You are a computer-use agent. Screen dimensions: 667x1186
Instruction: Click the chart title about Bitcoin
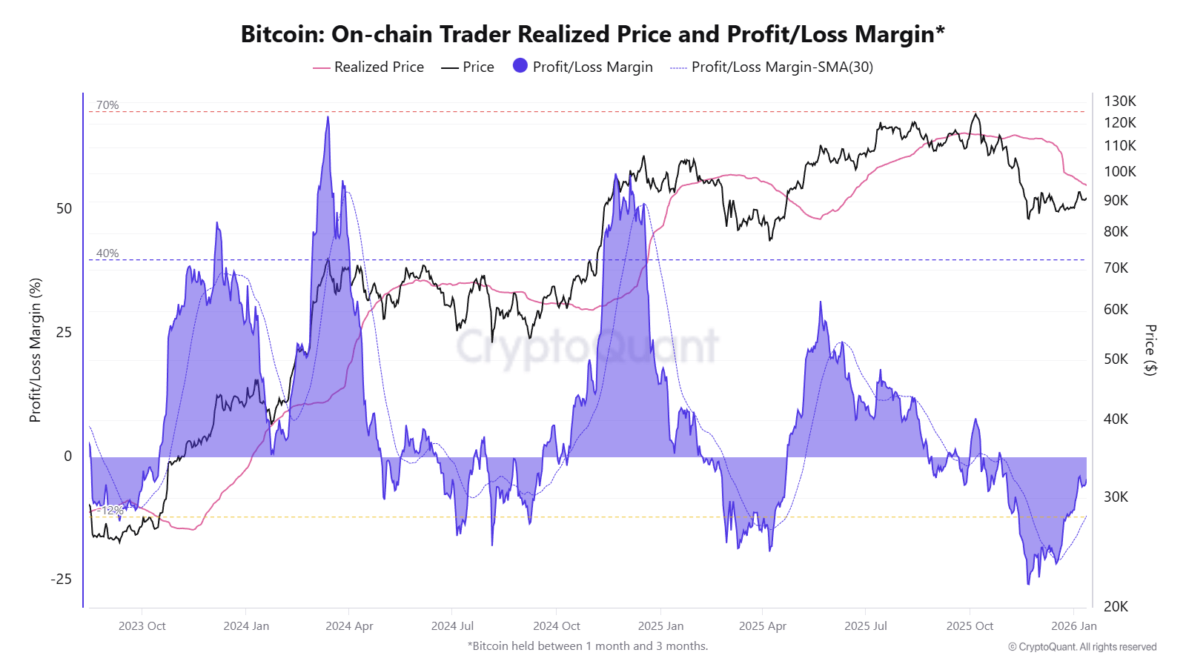point(592,34)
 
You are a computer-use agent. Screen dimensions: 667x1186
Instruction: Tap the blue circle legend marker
point(520,66)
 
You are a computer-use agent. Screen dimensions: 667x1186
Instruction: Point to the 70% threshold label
point(107,105)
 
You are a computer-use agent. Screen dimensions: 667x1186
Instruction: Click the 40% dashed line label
point(107,253)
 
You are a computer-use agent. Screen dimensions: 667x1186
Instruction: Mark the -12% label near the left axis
point(113,510)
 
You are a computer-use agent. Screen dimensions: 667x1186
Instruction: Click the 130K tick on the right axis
point(1119,101)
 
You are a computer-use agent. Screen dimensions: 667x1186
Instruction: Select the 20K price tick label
point(1116,606)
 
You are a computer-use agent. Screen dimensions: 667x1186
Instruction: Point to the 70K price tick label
point(1116,268)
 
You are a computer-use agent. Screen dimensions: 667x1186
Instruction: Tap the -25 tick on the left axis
point(62,579)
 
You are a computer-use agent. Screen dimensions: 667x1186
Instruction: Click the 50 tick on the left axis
point(64,208)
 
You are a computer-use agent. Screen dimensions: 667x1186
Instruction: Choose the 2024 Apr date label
point(349,625)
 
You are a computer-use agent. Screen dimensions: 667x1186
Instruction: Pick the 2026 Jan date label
point(1073,625)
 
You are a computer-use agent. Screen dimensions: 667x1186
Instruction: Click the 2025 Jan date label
point(660,625)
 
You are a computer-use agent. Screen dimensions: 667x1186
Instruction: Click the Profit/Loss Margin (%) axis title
point(35,350)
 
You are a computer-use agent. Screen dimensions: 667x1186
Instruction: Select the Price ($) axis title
point(1150,350)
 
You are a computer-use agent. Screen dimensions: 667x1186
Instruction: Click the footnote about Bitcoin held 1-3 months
point(587,646)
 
